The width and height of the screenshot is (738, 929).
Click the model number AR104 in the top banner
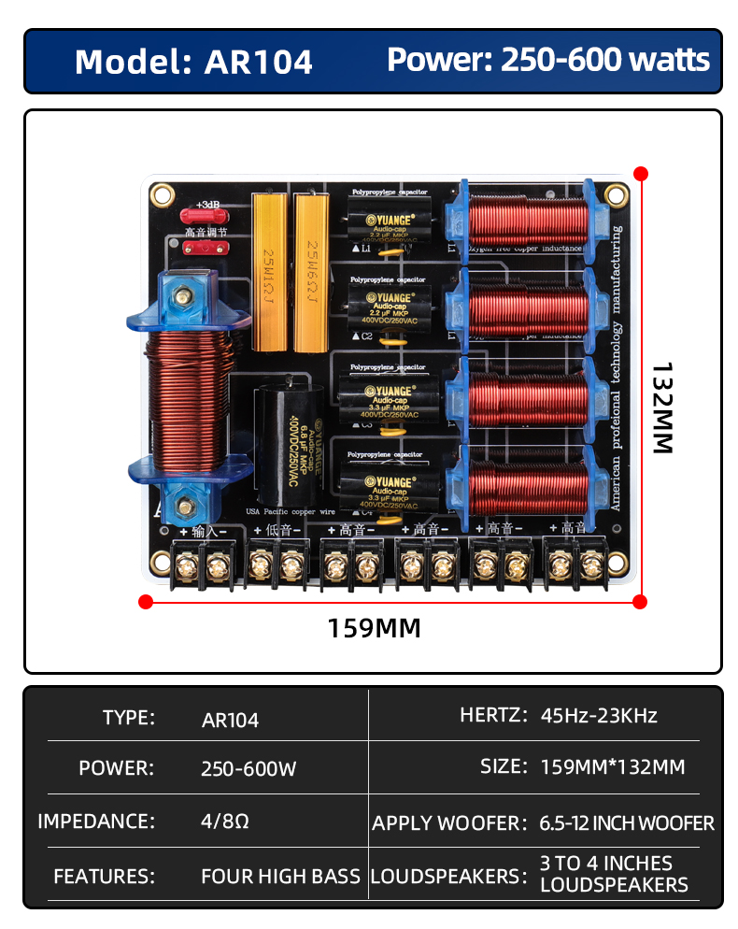click(x=259, y=62)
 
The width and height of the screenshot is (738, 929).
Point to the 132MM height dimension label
click(x=661, y=408)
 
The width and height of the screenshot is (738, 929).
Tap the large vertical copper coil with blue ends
click(x=186, y=397)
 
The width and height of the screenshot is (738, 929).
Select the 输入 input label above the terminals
click(x=204, y=530)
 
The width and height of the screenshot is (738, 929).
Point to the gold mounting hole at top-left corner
click(x=163, y=196)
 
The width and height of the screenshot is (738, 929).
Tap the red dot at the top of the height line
click(x=640, y=173)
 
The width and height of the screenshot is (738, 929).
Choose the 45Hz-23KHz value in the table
click(x=599, y=716)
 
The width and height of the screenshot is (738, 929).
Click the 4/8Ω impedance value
click(x=225, y=822)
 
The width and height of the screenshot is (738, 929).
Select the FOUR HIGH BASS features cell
click(x=280, y=877)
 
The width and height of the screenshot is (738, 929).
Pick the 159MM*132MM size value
click(x=613, y=767)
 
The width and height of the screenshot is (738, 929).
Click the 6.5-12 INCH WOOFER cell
click(x=627, y=823)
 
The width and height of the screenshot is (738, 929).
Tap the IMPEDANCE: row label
click(x=96, y=822)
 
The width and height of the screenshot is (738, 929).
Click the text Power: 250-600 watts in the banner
click(x=548, y=61)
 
